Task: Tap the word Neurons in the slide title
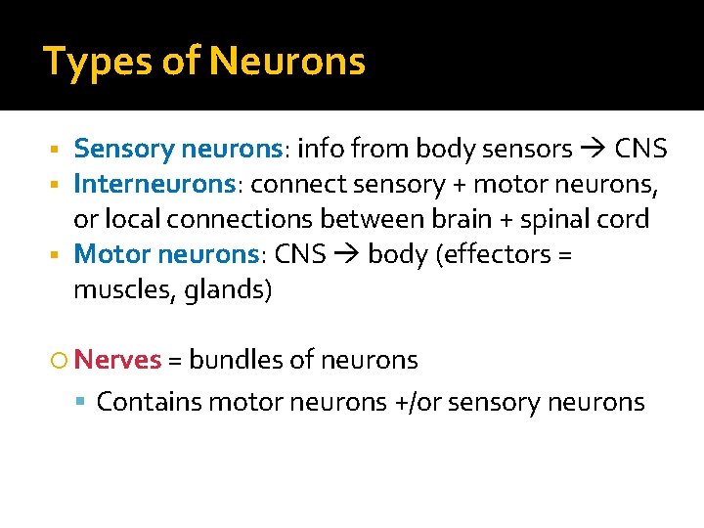click(x=287, y=62)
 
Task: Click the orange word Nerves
click(x=117, y=360)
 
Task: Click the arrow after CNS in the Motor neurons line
click(x=348, y=254)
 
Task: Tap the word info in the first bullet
click(x=317, y=149)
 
